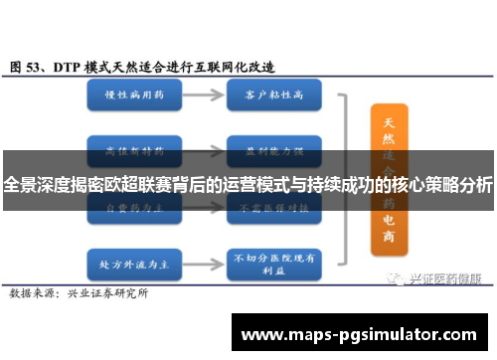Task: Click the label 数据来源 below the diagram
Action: tap(33, 266)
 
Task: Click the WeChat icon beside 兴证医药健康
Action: tap(397, 253)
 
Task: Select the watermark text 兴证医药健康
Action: tap(445, 253)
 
